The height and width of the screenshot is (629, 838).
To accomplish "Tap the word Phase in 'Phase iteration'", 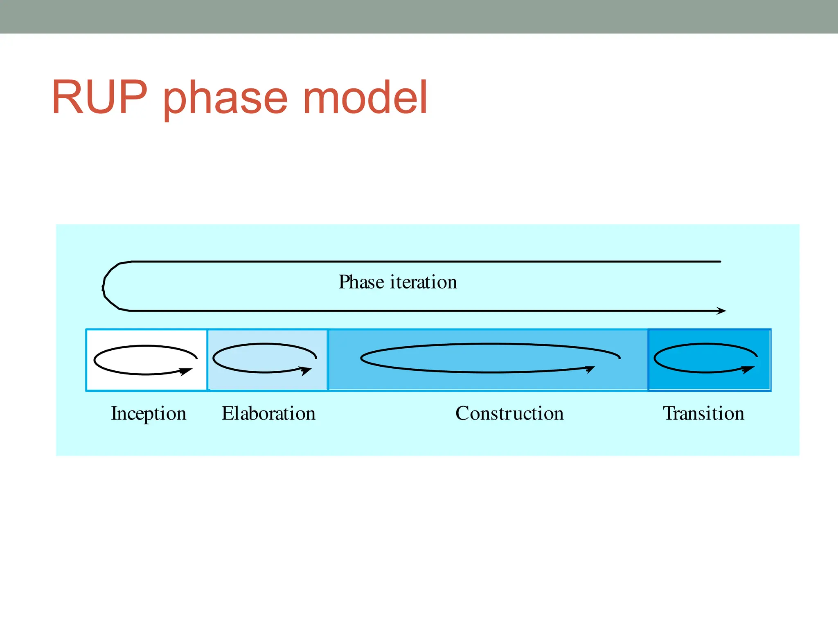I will click(x=361, y=282).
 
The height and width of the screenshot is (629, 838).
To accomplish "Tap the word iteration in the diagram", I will click(x=423, y=282).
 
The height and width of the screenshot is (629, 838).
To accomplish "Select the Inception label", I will click(x=149, y=413).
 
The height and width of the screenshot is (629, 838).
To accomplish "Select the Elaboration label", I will click(x=268, y=413).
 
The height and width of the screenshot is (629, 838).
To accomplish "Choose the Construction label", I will click(x=509, y=413).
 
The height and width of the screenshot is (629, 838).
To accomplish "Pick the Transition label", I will click(x=703, y=413).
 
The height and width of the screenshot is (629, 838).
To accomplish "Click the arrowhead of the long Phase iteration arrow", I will click(x=722, y=311).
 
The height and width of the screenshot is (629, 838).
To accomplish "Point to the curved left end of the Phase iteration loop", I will click(x=104, y=286).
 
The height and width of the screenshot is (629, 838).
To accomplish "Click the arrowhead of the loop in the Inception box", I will click(x=187, y=372).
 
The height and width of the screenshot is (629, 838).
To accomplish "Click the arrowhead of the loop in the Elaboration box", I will click(x=306, y=370).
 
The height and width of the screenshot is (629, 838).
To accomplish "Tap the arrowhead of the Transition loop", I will click(x=749, y=370).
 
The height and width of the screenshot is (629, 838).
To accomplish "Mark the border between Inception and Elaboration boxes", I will click(x=207, y=360).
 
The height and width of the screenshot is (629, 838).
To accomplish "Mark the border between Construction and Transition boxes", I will click(x=649, y=360).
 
